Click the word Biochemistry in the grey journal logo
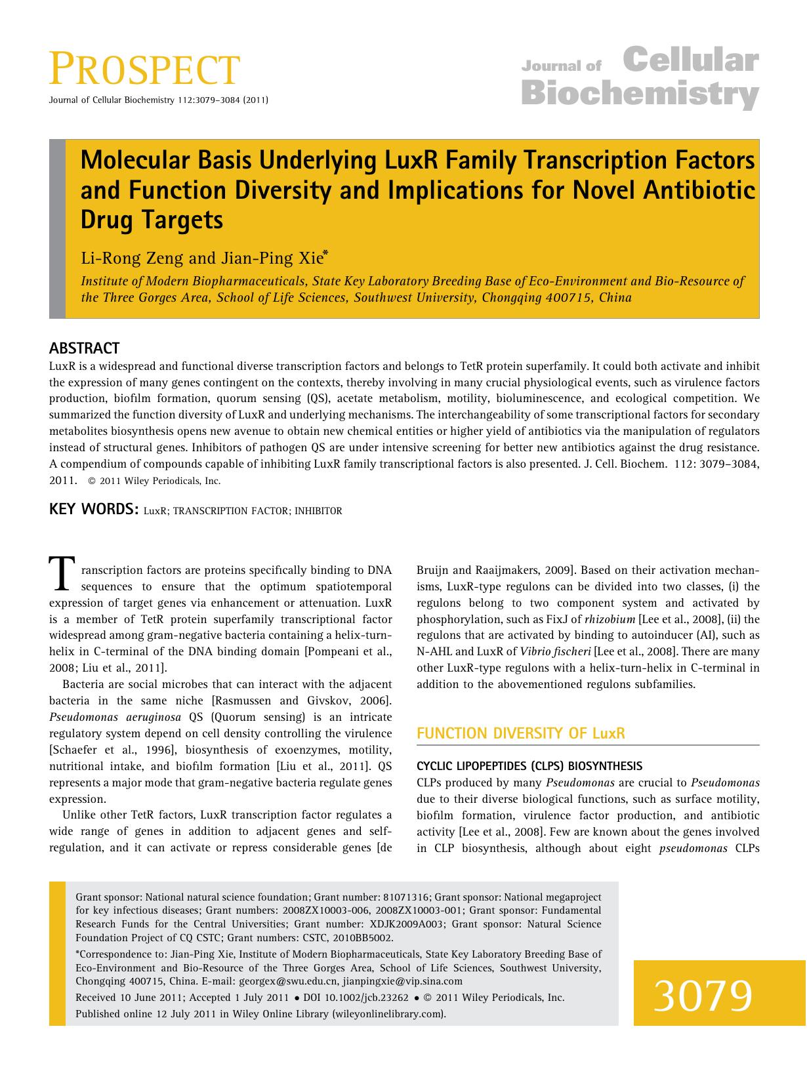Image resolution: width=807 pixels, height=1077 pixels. click(640, 94)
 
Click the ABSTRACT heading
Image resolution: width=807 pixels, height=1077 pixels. click(84, 348)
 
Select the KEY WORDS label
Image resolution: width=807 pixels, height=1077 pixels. click(93, 510)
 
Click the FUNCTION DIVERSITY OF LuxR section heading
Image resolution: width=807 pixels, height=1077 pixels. click(521, 733)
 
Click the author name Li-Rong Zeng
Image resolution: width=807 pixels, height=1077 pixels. click(133, 258)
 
